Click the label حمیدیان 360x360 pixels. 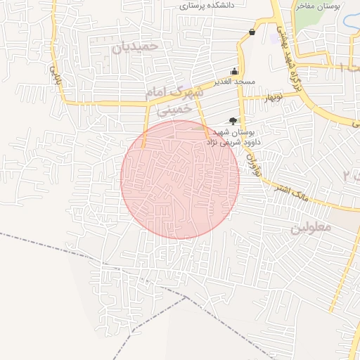click(141, 46)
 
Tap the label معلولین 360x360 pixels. click(309, 229)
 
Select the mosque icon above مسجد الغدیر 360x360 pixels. click(234, 71)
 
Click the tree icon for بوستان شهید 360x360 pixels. click(233, 121)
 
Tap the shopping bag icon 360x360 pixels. click(252, 32)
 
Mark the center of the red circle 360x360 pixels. click(180, 179)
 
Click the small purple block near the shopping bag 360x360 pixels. click(272, 37)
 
